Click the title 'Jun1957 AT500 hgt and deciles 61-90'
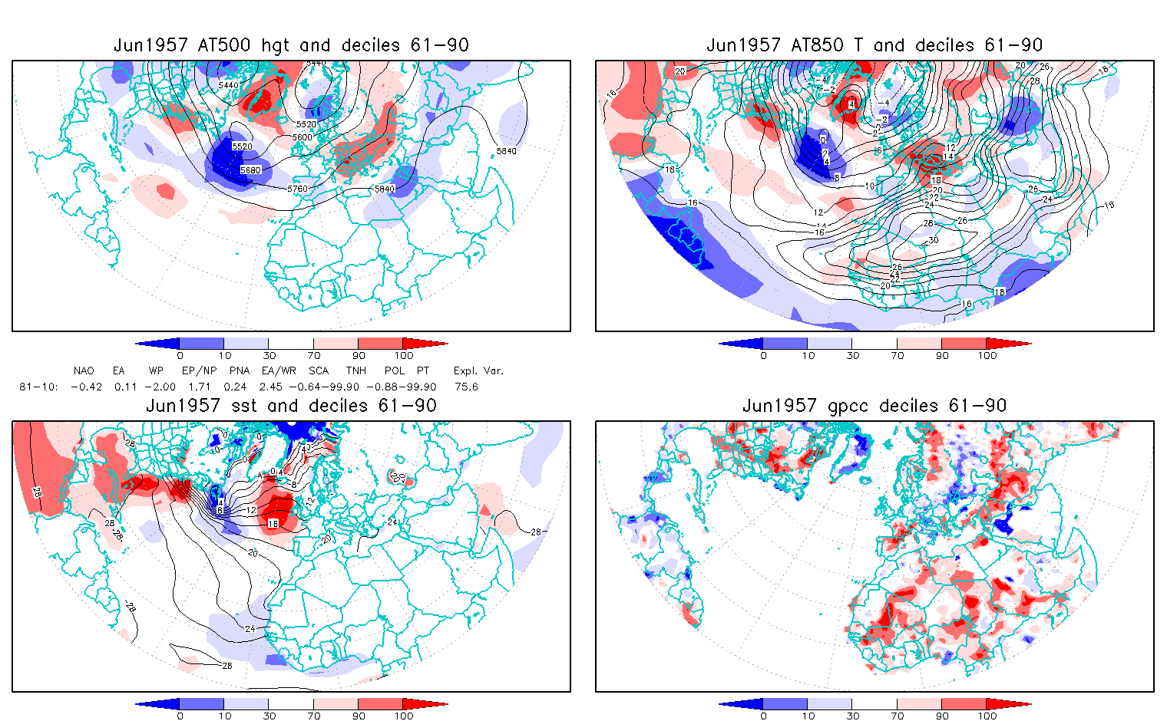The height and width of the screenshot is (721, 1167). [291, 45]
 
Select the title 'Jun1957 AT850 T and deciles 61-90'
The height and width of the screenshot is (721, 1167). [874, 45]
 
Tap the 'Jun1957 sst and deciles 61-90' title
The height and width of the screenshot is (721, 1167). [291, 406]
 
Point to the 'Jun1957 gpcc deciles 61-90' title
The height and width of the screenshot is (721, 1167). [874, 406]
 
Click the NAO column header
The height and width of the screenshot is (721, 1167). [84, 370]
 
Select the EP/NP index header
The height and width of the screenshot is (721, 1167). [194, 370]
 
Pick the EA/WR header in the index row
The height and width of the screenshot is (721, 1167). [273, 370]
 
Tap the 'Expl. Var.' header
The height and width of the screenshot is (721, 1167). [478, 370]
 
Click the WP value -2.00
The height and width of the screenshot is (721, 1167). [160, 387]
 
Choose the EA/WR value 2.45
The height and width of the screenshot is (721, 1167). [273, 387]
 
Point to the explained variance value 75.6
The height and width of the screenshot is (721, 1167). [466, 387]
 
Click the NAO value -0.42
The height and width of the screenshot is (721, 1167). [86, 387]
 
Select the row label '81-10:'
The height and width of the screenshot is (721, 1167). [38, 387]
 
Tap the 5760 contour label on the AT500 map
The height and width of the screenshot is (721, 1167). [297, 189]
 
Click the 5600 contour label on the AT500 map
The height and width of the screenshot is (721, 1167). [302, 137]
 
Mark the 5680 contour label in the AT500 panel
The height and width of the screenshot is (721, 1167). [250, 170]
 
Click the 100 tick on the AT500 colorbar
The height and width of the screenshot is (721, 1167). [404, 356]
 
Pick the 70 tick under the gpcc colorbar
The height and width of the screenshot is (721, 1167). [898, 716]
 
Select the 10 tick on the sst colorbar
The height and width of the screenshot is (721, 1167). [224, 716]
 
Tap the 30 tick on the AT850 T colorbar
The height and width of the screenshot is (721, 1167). [852, 356]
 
